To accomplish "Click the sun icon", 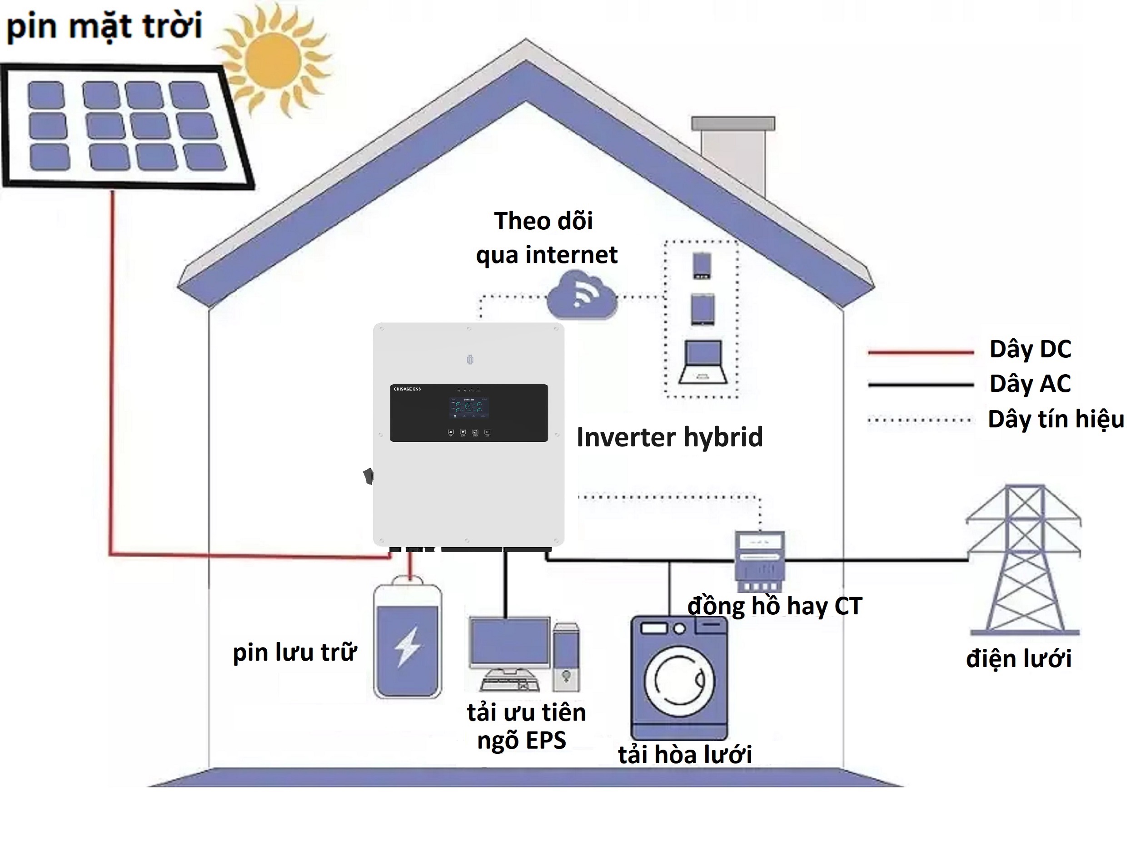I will [273, 60].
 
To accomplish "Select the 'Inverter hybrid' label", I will [669, 437].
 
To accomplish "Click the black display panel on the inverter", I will [468, 413].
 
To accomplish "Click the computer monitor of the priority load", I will [510, 643].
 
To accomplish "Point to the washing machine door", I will [679, 679].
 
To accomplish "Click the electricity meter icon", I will [760, 561].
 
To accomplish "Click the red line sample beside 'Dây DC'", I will [920, 352].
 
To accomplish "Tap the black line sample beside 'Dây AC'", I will [920, 384].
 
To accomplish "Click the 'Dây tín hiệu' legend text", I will [1056, 419].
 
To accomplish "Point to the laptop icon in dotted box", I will [703, 362].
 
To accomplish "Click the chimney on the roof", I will [733, 154].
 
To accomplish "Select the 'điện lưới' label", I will [1018, 659].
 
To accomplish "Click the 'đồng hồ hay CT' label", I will [774, 606].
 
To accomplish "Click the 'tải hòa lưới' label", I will [685, 755].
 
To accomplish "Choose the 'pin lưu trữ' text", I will [294, 652].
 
